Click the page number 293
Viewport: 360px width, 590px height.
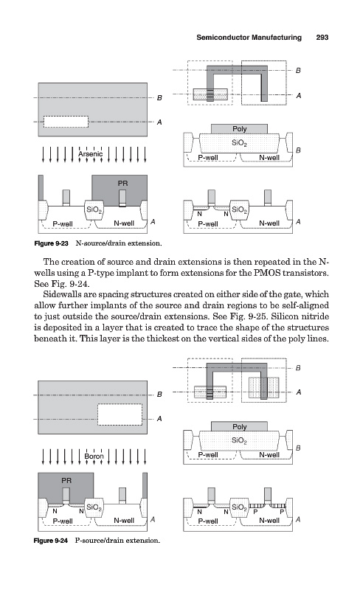322,38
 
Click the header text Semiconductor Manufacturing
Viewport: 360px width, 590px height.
249,38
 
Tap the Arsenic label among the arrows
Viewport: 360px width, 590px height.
91,154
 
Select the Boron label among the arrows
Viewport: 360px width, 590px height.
94,456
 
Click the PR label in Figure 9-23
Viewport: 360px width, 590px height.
122,183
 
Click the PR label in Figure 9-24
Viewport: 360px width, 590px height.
66,481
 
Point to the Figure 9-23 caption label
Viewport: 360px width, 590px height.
51,243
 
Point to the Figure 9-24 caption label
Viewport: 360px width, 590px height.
51,541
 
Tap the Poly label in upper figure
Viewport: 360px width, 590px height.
240,128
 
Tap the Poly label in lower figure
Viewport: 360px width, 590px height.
240,426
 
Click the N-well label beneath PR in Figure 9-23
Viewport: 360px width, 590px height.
124,223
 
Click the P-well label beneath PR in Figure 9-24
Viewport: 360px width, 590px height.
63,521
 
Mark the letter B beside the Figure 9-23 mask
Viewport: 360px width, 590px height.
159,98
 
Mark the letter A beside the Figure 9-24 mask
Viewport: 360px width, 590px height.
159,418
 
